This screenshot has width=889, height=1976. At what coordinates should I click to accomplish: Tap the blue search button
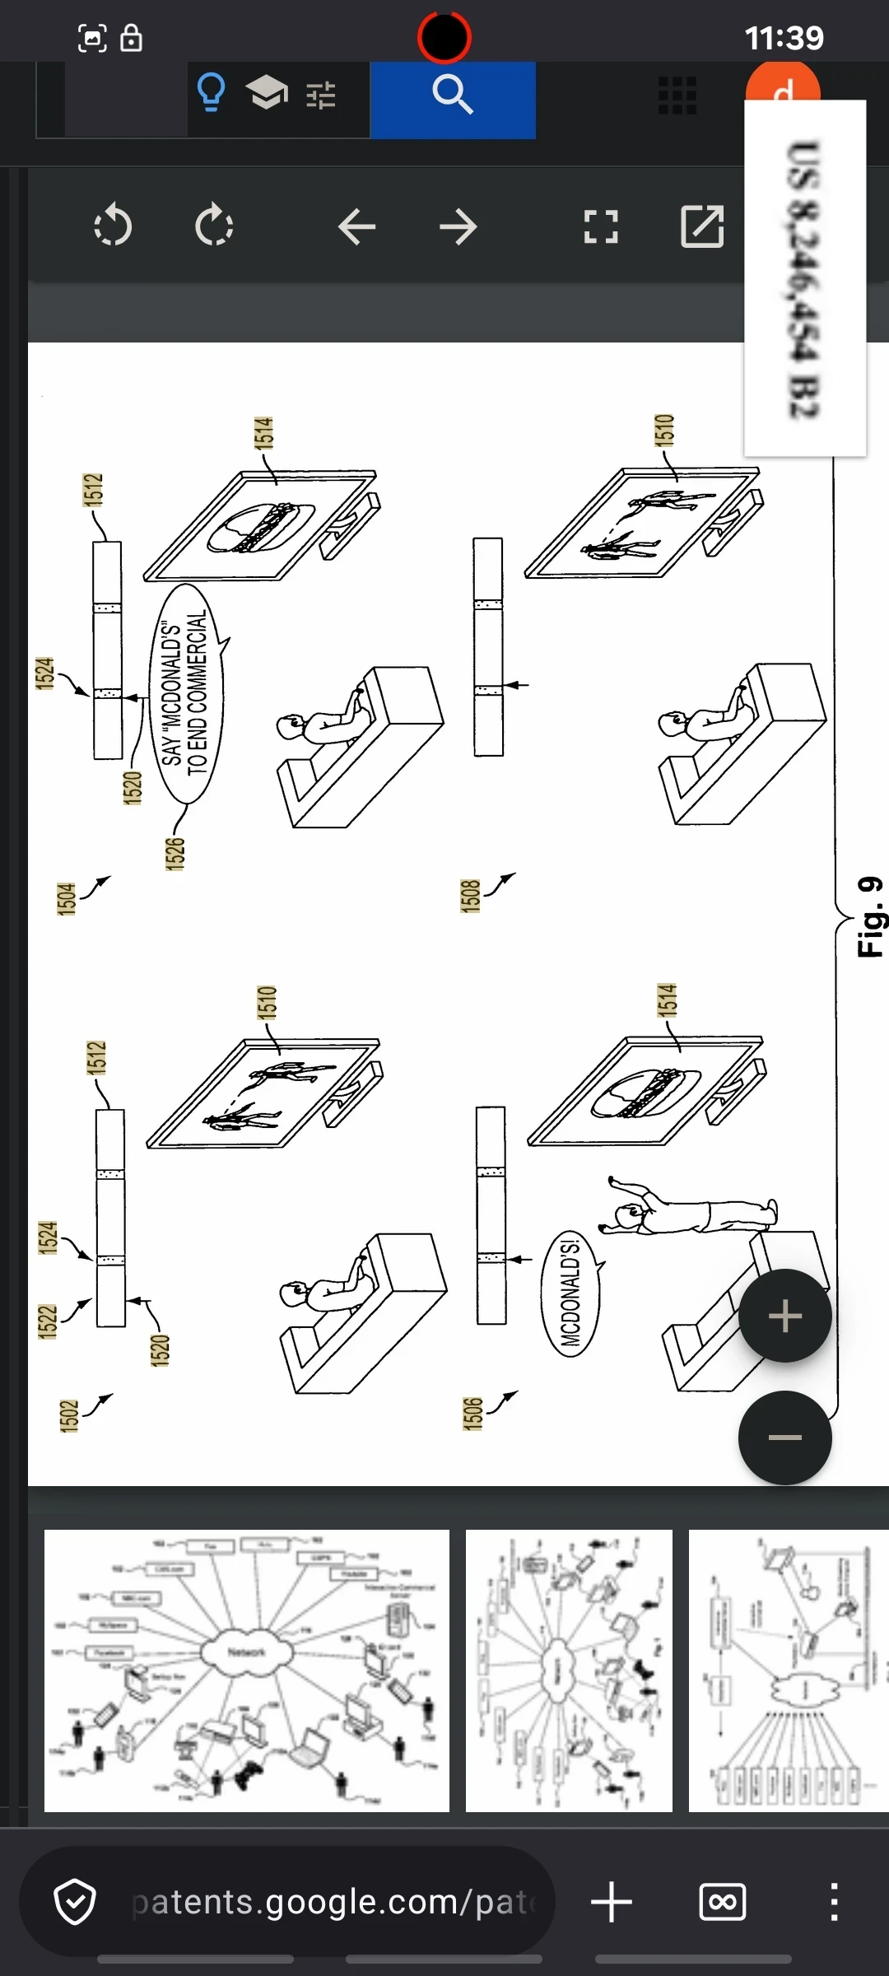point(452,99)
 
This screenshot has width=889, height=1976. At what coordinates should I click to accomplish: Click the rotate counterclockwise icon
point(113,226)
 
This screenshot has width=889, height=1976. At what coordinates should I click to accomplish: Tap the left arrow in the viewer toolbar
point(356,227)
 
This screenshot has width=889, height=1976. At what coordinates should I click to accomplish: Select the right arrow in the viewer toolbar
point(458,227)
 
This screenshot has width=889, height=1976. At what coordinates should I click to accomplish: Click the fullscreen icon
point(601,227)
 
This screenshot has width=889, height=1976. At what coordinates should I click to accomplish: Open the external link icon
point(702,227)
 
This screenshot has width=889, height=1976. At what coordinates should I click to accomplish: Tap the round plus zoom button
point(784,1316)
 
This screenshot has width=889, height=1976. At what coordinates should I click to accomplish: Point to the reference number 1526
point(175,853)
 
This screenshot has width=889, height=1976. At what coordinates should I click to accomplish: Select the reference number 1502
point(69,1415)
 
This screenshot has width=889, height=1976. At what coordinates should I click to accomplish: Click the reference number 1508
point(470,896)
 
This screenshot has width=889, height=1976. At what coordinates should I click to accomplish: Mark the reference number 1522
point(48,1321)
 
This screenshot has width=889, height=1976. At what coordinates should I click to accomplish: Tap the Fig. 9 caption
point(870,916)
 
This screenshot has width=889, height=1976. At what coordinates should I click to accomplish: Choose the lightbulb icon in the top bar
point(212,93)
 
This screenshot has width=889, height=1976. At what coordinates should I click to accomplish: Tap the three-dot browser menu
point(834,1902)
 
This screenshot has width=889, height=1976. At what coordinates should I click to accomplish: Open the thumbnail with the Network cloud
point(247,1671)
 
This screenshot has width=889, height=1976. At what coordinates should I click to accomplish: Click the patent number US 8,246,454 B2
point(804,280)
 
